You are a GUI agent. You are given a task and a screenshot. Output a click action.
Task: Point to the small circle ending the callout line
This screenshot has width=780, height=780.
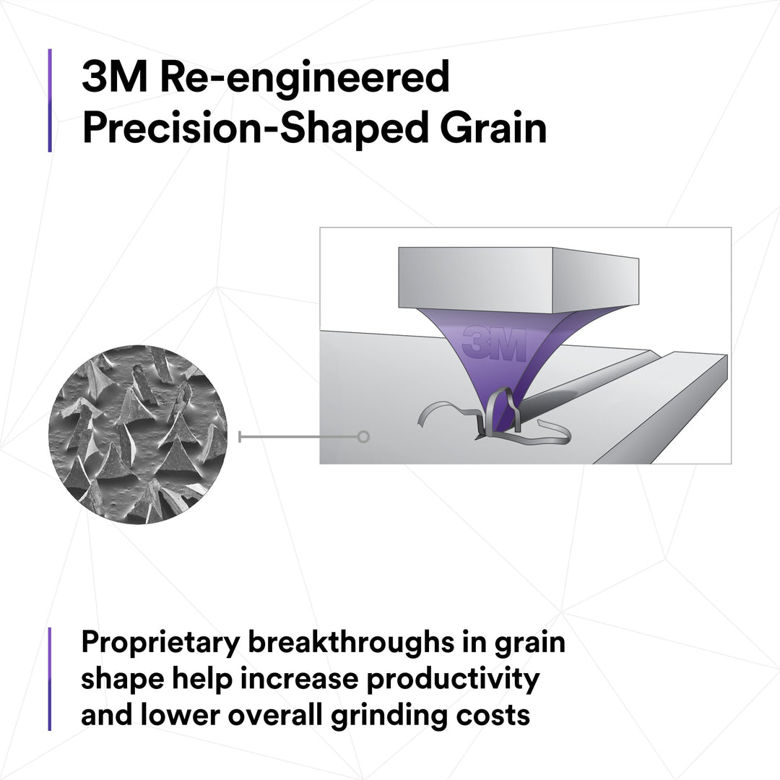point(363,436)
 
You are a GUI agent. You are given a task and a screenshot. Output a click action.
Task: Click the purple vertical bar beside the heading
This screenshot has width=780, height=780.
point(50,100)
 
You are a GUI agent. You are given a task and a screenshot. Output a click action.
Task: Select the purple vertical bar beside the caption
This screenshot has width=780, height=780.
point(50,679)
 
